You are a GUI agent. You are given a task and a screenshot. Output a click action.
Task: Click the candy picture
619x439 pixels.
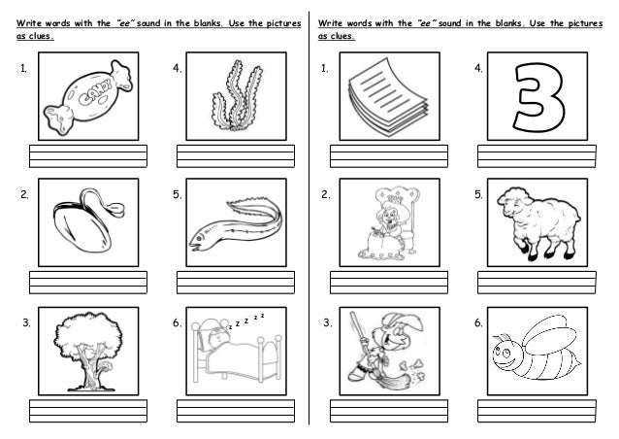(88, 97)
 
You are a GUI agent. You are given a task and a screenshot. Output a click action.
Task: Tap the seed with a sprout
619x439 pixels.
(87, 221)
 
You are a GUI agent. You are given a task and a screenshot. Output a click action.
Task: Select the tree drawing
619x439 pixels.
(88, 352)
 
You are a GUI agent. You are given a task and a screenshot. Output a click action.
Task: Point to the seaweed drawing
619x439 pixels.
(237, 96)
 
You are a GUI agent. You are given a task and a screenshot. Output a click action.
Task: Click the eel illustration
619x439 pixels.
(236, 225)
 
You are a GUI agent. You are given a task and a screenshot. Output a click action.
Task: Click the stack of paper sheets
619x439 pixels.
(388, 97)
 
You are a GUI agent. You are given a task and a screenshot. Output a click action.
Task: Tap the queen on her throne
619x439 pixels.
(389, 224)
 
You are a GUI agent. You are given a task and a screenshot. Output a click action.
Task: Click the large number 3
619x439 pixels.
(538, 97)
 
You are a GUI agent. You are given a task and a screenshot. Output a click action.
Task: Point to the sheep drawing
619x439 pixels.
(538, 223)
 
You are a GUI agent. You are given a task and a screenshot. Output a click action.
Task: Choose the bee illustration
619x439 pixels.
(537, 348)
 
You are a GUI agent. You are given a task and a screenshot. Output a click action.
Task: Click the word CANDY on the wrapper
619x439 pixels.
(95, 93)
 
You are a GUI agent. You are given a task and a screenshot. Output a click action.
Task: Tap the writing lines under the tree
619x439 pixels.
(88, 411)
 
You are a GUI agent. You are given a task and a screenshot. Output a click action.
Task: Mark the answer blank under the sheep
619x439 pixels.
(537, 283)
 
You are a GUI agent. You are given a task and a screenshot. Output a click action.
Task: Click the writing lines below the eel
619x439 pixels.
(236, 283)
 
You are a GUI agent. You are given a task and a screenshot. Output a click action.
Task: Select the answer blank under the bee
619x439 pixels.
(537, 411)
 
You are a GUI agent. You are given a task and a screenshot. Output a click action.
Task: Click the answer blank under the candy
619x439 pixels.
(88, 156)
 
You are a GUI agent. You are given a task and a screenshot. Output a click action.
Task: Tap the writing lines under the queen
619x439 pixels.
(389, 283)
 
